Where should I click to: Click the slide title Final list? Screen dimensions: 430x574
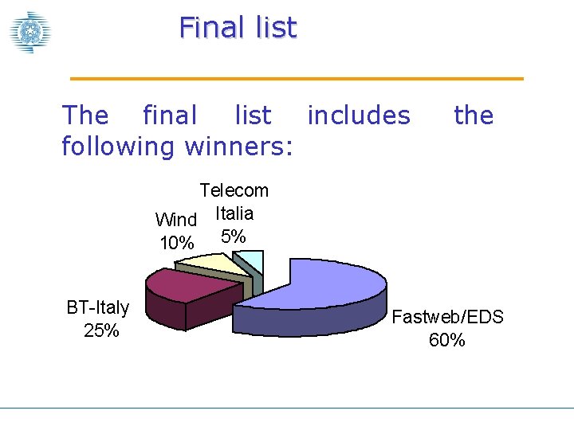click(x=238, y=28)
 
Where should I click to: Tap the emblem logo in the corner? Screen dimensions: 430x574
click(x=30, y=32)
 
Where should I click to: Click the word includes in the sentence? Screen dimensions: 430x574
click(x=359, y=116)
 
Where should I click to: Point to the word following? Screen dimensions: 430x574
click(x=120, y=147)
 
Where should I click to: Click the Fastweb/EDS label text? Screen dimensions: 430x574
click(x=447, y=317)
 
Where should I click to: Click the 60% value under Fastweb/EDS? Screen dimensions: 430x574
click(x=446, y=341)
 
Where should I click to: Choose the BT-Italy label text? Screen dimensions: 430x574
click(x=98, y=307)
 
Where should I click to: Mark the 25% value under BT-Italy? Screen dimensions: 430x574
click(x=101, y=330)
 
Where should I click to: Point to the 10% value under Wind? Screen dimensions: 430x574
click(x=177, y=244)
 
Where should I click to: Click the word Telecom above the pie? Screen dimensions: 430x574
click(x=234, y=190)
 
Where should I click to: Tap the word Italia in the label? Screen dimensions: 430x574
click(x=234, y=213)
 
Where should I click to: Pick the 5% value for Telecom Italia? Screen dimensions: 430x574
click(x=234, y=236)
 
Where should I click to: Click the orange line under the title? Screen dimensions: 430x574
click(x=297, y=79)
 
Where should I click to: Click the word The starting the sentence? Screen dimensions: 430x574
click(x=85, y=116)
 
